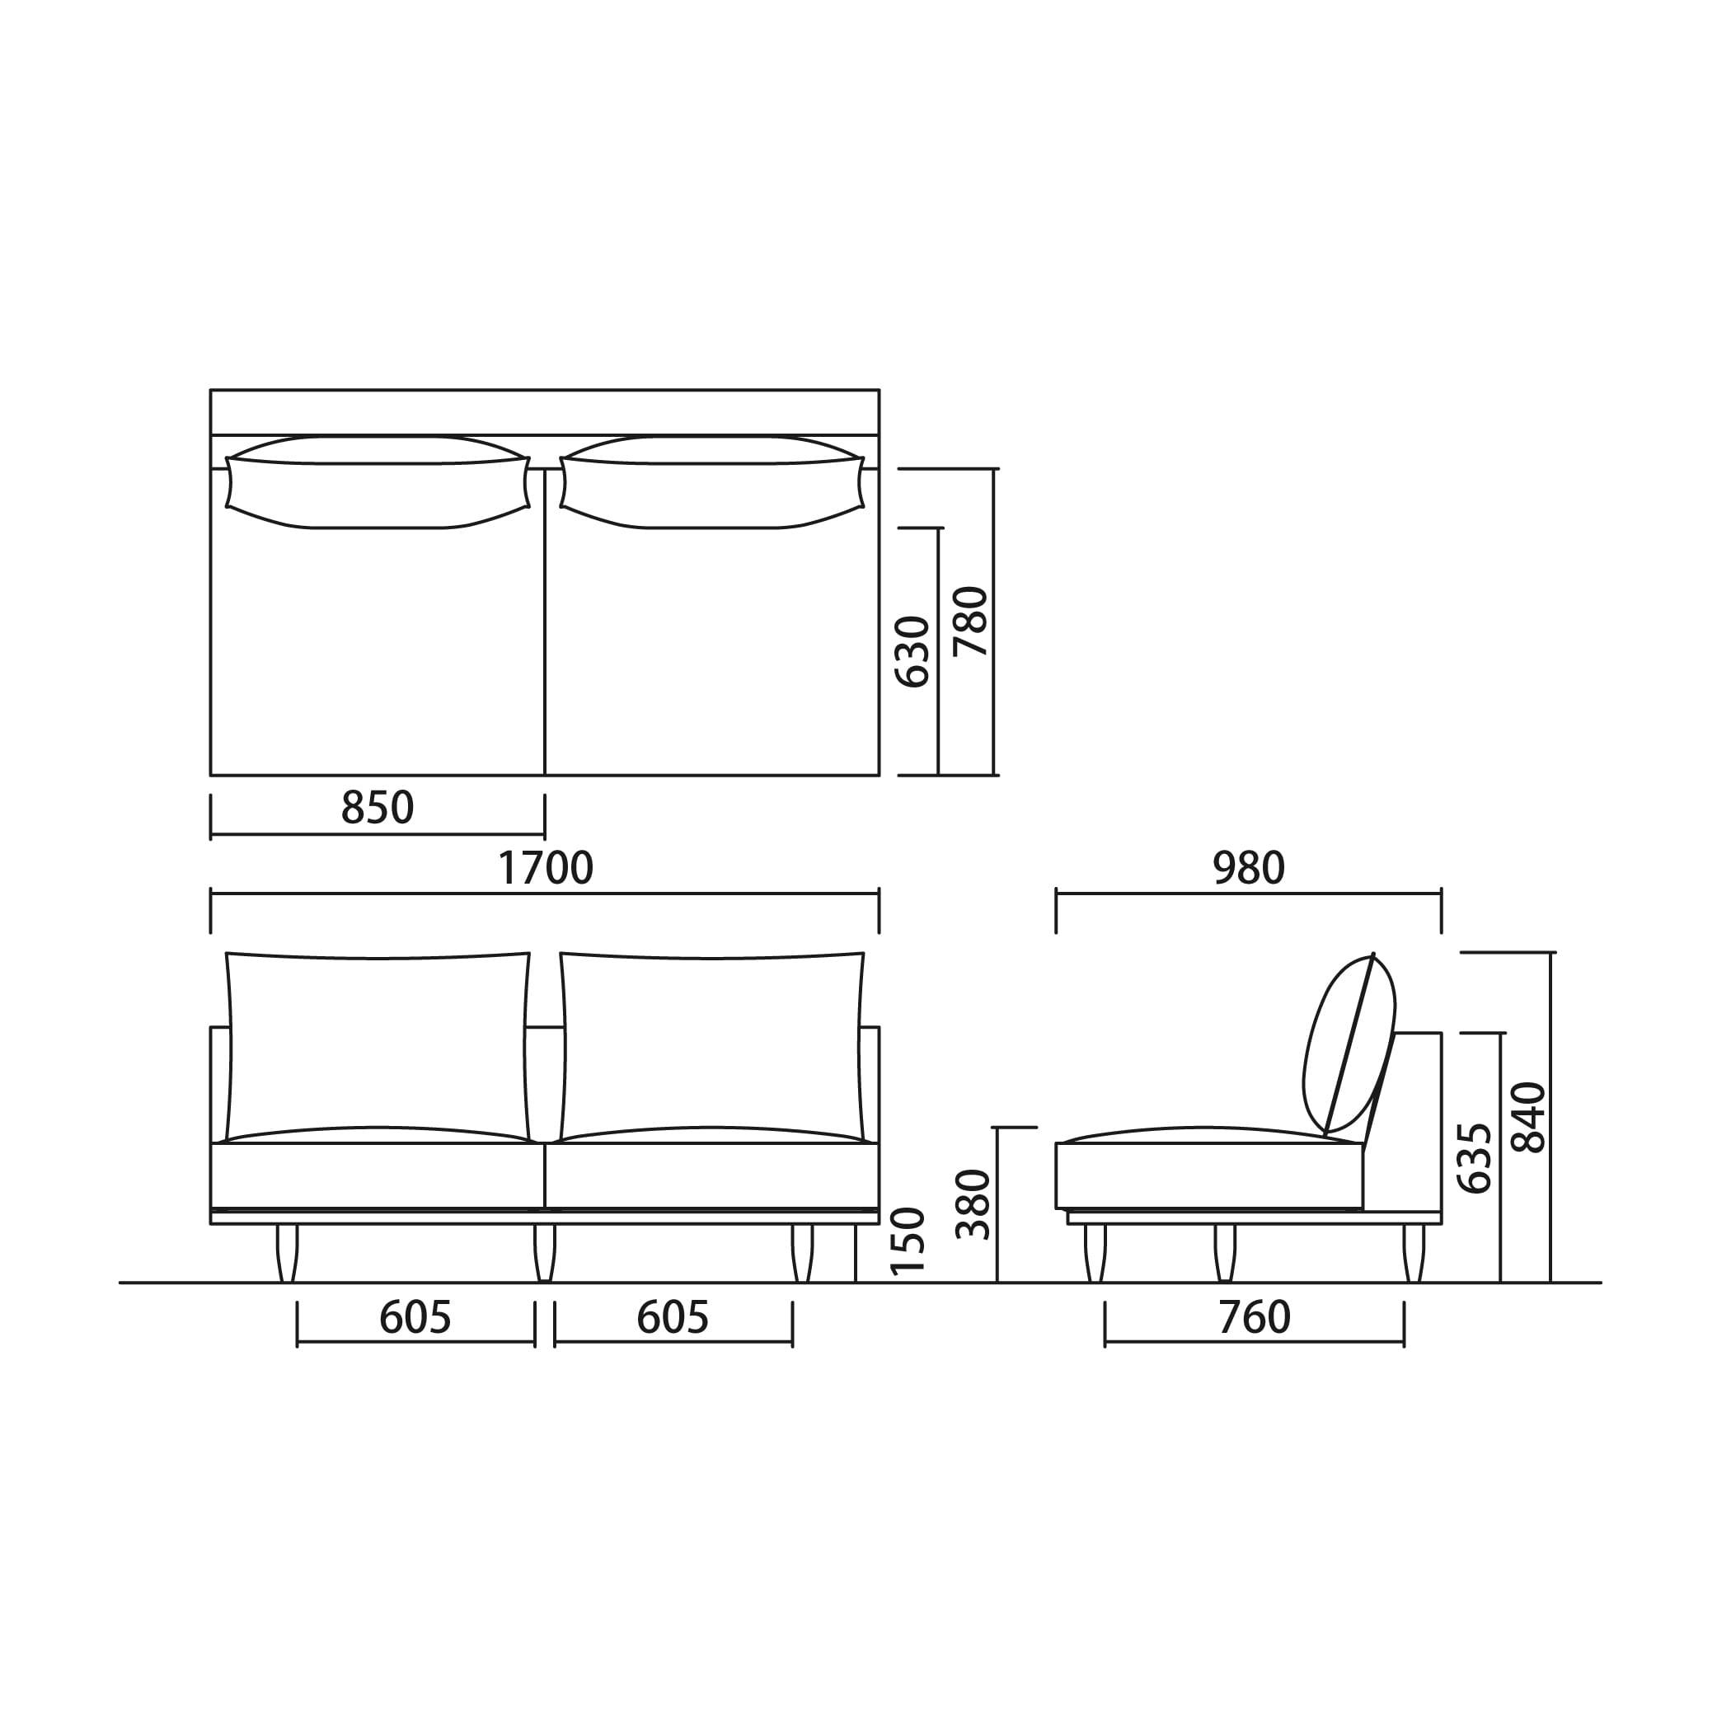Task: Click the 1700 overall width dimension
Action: point(545,868)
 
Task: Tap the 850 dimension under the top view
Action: point(378,808)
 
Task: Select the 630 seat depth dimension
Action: point(912,651)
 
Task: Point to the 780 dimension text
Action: point(970,622)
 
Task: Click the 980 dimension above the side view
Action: point(1249,868)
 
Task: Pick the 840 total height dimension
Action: point(1528,1117)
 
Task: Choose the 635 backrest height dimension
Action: point(1475,1158)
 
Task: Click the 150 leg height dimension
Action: point(908,1241)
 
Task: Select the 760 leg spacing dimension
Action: point(1254,1318)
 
